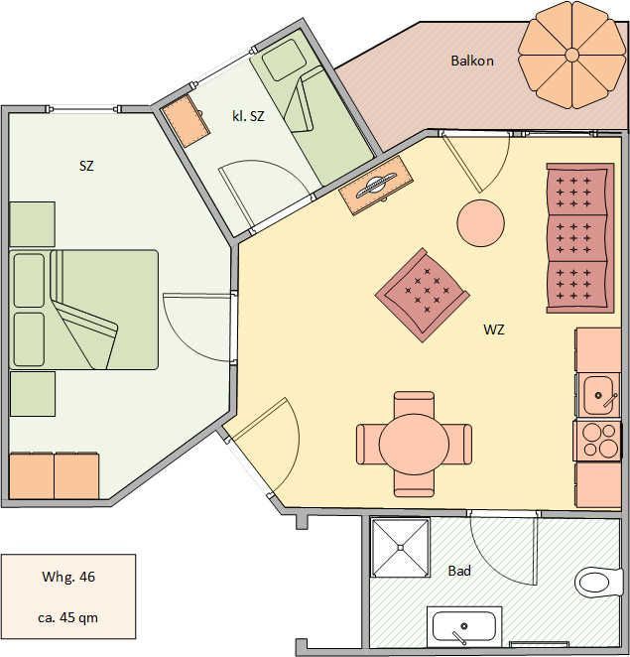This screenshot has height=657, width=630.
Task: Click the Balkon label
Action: point(472,61)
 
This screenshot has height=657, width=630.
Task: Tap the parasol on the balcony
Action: point(572,55)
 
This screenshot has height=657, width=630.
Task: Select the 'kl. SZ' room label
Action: point(248,116)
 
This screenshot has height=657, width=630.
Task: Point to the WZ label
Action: point(494,329)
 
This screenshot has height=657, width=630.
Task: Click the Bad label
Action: point(459,571)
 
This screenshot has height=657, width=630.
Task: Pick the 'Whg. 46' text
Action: point(68,577)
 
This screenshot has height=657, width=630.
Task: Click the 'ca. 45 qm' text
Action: point(67,617)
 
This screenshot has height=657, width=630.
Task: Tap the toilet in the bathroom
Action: point(597,582)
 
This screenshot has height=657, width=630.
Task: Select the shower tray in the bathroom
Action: point(401,547)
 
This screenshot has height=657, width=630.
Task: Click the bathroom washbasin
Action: point(464,627)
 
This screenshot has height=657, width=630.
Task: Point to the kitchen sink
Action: point(598,395)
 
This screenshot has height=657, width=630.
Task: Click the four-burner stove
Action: point(597,441)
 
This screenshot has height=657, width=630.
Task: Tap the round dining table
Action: point(414,445)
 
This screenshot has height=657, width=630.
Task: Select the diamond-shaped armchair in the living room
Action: point(423,295)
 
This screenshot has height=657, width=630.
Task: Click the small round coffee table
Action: point(480,222)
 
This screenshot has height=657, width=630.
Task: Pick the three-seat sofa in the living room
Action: point(580,238)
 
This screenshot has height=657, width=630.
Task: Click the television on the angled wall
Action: point(376,185)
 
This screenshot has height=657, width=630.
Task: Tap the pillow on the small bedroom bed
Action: point(284,60)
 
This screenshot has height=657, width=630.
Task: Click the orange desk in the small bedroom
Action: point(186,120)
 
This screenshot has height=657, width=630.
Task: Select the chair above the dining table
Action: point(414,404)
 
